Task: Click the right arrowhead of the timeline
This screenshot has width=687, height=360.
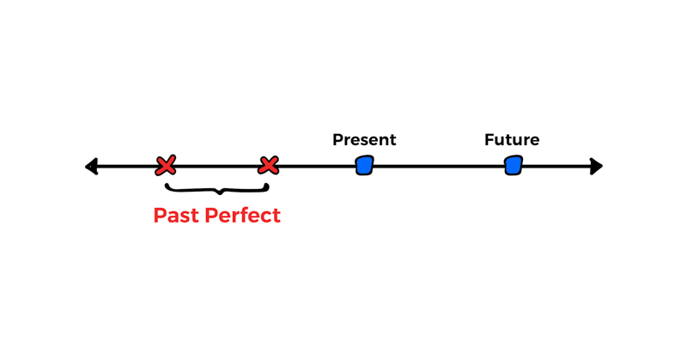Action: pos(596,166)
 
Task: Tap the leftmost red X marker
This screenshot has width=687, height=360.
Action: pos(166,166)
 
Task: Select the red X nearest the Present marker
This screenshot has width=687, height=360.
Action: pos(269,165)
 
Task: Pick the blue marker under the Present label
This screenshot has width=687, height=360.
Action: pos(364,165)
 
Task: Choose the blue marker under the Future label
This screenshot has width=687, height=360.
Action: pos(513,165)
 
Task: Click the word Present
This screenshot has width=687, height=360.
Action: pos(364,140)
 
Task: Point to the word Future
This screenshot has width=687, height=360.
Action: pos(512,140)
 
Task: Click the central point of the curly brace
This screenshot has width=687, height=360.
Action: pos(219,192)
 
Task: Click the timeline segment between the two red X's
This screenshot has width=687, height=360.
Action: pos(217,166)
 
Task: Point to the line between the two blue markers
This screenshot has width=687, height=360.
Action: pos(438,166)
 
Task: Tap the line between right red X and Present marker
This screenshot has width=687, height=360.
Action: pos(316,166)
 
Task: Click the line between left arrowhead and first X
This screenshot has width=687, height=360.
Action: pos(127,166)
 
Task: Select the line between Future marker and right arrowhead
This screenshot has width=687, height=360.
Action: pos(554,166)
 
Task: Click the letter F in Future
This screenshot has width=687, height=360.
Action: pos(489,140)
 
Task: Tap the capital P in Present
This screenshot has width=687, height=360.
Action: pos(337,140)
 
